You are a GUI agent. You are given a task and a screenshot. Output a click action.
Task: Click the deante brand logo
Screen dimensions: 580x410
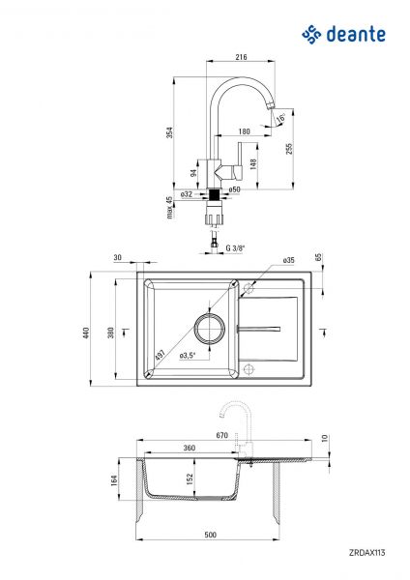(x=343, y=35)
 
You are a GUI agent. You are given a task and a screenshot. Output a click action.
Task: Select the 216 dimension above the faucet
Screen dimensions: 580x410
(x=241, y=57)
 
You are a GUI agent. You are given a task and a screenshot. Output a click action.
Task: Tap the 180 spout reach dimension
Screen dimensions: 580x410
(x=245, y=130)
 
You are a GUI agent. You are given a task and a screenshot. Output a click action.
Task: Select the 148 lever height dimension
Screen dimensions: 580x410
(x=253, y=163)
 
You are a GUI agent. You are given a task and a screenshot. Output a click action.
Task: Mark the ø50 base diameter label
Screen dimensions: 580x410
(x=235, y=190)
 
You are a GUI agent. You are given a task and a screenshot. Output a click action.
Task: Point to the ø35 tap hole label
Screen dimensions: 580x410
(x=288, y=261)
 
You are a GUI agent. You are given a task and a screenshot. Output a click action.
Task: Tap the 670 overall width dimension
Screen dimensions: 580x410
(x=221, y=436)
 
